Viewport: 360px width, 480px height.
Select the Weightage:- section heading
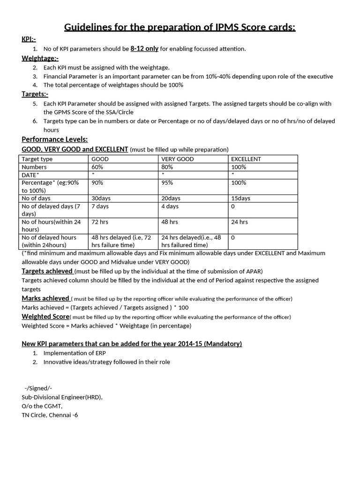coord(40,58)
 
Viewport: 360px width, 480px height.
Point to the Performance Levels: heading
coord(55,139)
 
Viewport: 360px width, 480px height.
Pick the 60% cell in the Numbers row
coord(97,167)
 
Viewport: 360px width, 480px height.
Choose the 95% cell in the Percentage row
coord(167,183)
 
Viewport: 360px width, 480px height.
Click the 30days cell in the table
coord(101,198)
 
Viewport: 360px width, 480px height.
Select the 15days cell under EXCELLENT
coord(241,198)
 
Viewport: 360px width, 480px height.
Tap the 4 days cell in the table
coord(170,206)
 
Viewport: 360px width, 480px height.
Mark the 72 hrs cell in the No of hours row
coord(100,222)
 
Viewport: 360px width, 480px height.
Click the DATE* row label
coord(31,175)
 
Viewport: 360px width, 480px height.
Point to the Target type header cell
coord(37,159)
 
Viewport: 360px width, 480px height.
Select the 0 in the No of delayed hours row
coord(233,238)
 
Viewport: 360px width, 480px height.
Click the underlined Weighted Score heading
coord(45,316)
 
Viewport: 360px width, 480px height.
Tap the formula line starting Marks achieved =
coord(105,307)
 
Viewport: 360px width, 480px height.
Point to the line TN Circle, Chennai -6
coord(50,415)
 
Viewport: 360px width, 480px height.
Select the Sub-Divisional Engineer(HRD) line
coord(62,397)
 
